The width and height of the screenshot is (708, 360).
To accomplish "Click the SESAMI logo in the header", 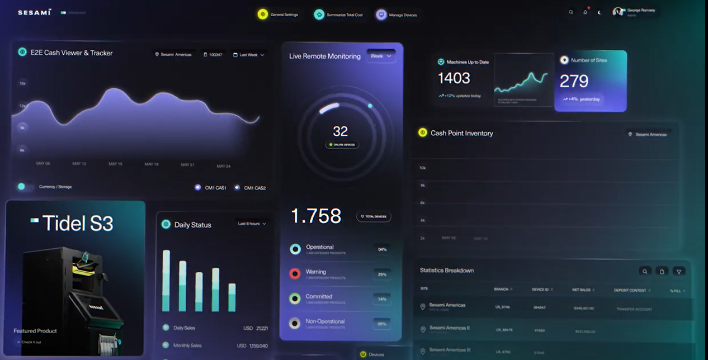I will (x=34, y=12).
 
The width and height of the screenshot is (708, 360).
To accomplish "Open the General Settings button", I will (x=278, y=15).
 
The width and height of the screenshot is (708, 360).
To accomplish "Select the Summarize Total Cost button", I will (x=338, y=15).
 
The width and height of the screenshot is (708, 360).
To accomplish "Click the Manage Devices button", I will (x=397, y=15).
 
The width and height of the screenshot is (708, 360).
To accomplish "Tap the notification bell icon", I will (x=585, y=12).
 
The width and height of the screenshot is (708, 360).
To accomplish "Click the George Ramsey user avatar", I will (x=618, y=12).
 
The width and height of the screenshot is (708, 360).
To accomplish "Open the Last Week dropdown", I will (x=249, y=55).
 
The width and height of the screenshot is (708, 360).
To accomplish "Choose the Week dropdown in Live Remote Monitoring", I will (x=381, y=56).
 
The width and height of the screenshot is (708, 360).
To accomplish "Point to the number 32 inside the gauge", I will (x=340, y=131).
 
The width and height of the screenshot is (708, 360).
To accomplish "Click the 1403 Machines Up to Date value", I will (x=454, y=78).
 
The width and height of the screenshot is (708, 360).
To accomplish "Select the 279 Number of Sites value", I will (x=574, y=82).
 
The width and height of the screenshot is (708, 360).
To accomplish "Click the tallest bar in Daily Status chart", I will (x=166, y=280).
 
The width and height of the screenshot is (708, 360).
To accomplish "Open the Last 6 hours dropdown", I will (x=252, y=224).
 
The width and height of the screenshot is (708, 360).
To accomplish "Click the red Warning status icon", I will (x=295, y=274).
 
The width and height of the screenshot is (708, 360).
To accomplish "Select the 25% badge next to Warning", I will (x=382, y=274).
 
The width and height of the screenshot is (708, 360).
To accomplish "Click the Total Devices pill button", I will (x=374, y=216).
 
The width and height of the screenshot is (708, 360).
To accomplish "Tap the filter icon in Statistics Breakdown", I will (x=678, y=271).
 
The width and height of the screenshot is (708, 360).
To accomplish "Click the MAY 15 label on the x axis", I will (x=115, y=164).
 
